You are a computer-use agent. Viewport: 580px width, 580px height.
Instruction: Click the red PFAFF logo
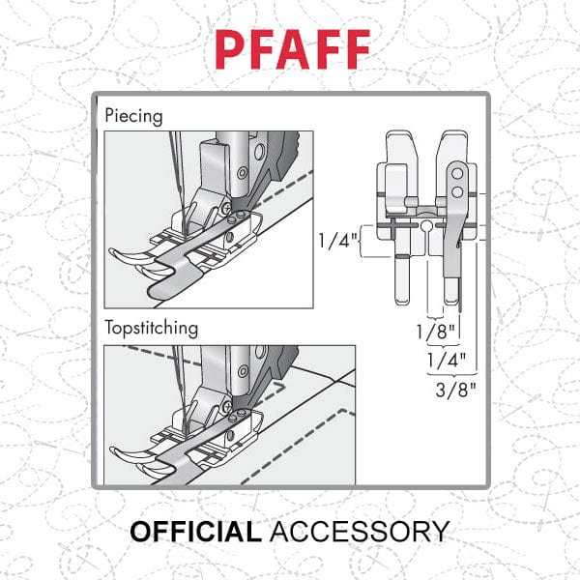290,45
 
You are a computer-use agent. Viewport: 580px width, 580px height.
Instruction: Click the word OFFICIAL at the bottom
194,532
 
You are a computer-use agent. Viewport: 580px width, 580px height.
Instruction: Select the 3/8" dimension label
448,391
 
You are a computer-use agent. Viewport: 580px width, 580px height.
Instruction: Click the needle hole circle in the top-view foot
424,228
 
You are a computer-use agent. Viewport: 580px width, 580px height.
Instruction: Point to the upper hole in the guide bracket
454,175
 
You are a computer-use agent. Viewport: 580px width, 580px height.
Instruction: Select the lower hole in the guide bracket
454,192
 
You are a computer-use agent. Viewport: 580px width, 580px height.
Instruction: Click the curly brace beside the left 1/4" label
361,247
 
